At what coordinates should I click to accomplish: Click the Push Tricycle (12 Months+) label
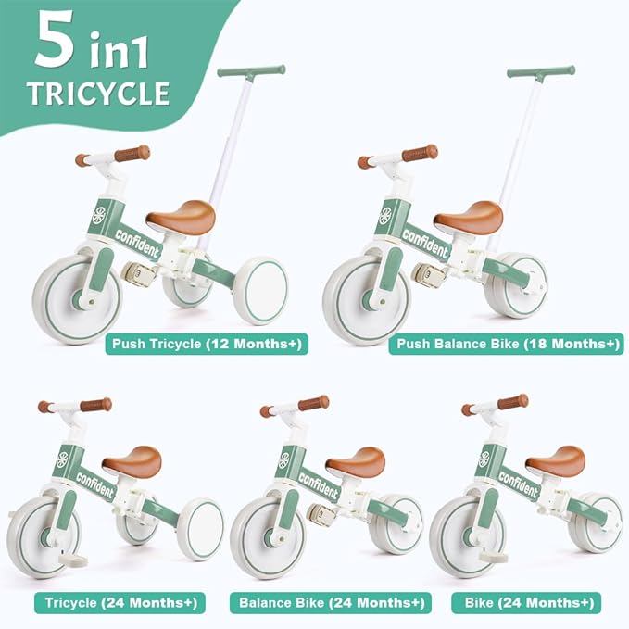(x=205, y=345)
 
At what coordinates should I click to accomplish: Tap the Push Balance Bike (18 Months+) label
(x=508, y=345)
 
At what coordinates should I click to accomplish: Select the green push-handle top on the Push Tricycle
(x=251, y=70)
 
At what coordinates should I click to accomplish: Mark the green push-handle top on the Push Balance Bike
(x=540, y=70)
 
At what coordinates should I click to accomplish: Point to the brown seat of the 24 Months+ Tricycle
(x=132, y=460)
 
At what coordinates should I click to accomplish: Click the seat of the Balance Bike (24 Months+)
(x=356, y=460)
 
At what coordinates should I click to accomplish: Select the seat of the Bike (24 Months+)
(x=556, y=460)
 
